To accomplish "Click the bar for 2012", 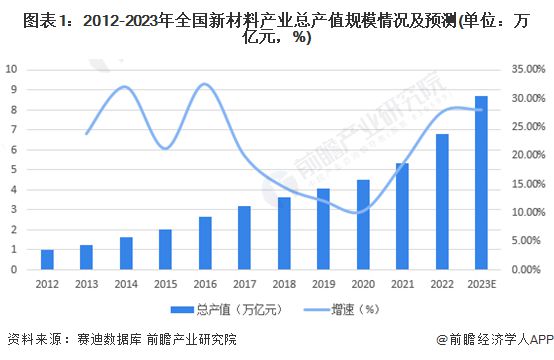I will point(48,260).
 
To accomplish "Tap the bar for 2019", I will point(323,229).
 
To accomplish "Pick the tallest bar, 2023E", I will point(481,183).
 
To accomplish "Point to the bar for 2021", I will point(402,216).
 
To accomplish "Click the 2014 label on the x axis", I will point(126,284).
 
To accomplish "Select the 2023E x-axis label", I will point(481,284).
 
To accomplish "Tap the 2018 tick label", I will point(284,284).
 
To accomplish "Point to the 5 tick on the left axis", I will point(12,169).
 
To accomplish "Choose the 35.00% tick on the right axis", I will point(526,69).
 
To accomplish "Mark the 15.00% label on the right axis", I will point(526,184).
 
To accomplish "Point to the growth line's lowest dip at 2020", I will point(360,212).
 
